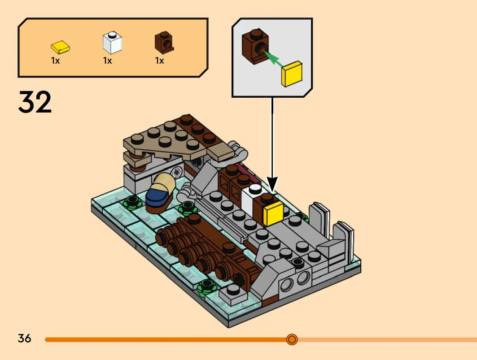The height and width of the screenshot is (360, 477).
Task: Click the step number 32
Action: click(35, 102)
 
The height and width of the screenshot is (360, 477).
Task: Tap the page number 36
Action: click(24, 338)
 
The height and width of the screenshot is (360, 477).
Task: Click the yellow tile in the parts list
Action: click(60, 47)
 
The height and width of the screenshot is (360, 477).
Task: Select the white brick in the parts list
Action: click(112, 42)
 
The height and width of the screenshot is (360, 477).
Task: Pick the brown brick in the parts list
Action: click(164, 42)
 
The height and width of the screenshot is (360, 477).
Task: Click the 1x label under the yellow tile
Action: click(55, 61)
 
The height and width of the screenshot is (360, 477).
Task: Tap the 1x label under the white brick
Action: click(107, 61)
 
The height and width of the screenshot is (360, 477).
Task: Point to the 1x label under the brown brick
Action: click(159, 61)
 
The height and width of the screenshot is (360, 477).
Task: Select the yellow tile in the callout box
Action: click(292, 74)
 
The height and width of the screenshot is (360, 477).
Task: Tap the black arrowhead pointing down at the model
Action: click(272, 184)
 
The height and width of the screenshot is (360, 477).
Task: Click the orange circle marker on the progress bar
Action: click(292, 339)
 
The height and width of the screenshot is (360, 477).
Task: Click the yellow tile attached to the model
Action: click(273, 213)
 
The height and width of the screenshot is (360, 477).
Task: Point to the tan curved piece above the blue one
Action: click(164, 182)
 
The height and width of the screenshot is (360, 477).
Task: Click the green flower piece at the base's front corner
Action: click(206, 287)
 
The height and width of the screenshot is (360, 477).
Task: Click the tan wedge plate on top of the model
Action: click(164, 140)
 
